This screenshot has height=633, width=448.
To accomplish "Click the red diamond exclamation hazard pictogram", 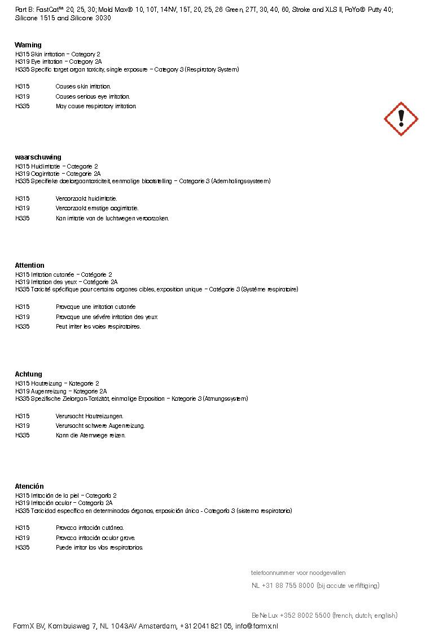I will tap(401, 119).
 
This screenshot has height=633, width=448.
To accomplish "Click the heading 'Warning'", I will tap(28, 45).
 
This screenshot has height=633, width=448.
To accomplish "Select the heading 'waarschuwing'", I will tap(38, 157).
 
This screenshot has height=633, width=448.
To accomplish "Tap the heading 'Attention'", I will tap(29, 265).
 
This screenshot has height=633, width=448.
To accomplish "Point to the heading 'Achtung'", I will tap(28, 374).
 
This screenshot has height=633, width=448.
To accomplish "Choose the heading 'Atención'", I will tap(29, 486).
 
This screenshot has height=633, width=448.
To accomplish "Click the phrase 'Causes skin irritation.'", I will tap(83, 87).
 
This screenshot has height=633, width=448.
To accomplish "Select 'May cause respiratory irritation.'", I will tap(96, 107).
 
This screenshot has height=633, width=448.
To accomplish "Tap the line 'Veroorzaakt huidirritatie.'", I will tap(86, 199).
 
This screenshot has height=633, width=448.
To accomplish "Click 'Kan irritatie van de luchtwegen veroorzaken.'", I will tap(112, 219).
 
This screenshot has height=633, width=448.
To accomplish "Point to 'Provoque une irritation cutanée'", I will tap(95, 307).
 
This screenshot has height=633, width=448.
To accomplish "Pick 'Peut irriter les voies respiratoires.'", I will tap(98, 327).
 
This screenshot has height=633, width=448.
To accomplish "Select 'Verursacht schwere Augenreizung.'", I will tap(100, 426).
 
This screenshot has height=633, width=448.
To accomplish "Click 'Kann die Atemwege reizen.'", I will tap(90, 436).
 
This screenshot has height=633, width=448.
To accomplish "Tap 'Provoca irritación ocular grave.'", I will tap(95, 538).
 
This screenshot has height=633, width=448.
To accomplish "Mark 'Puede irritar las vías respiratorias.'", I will tap(99, 548).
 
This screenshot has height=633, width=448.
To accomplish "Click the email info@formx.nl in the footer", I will tap(257, 626).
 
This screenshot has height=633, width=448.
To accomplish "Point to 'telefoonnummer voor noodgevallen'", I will tap(298, 573).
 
